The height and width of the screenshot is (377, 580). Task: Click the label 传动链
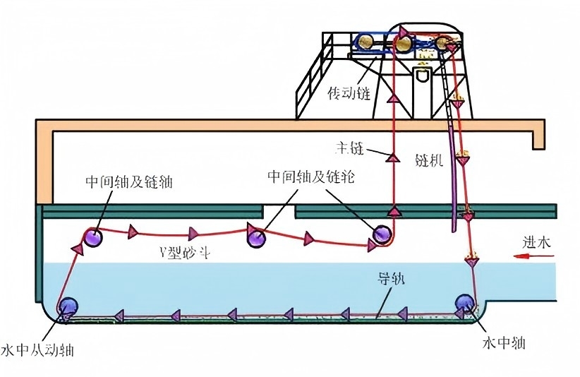(349, 92)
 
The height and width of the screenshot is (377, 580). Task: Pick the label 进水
(547, 243)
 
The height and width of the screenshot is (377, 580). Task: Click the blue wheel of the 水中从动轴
(68, 306)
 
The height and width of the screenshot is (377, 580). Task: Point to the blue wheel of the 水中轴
(465, 301)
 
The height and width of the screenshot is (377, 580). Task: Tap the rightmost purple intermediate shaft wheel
(382, 233)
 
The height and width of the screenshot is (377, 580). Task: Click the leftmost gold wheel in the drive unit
(365, 43)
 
